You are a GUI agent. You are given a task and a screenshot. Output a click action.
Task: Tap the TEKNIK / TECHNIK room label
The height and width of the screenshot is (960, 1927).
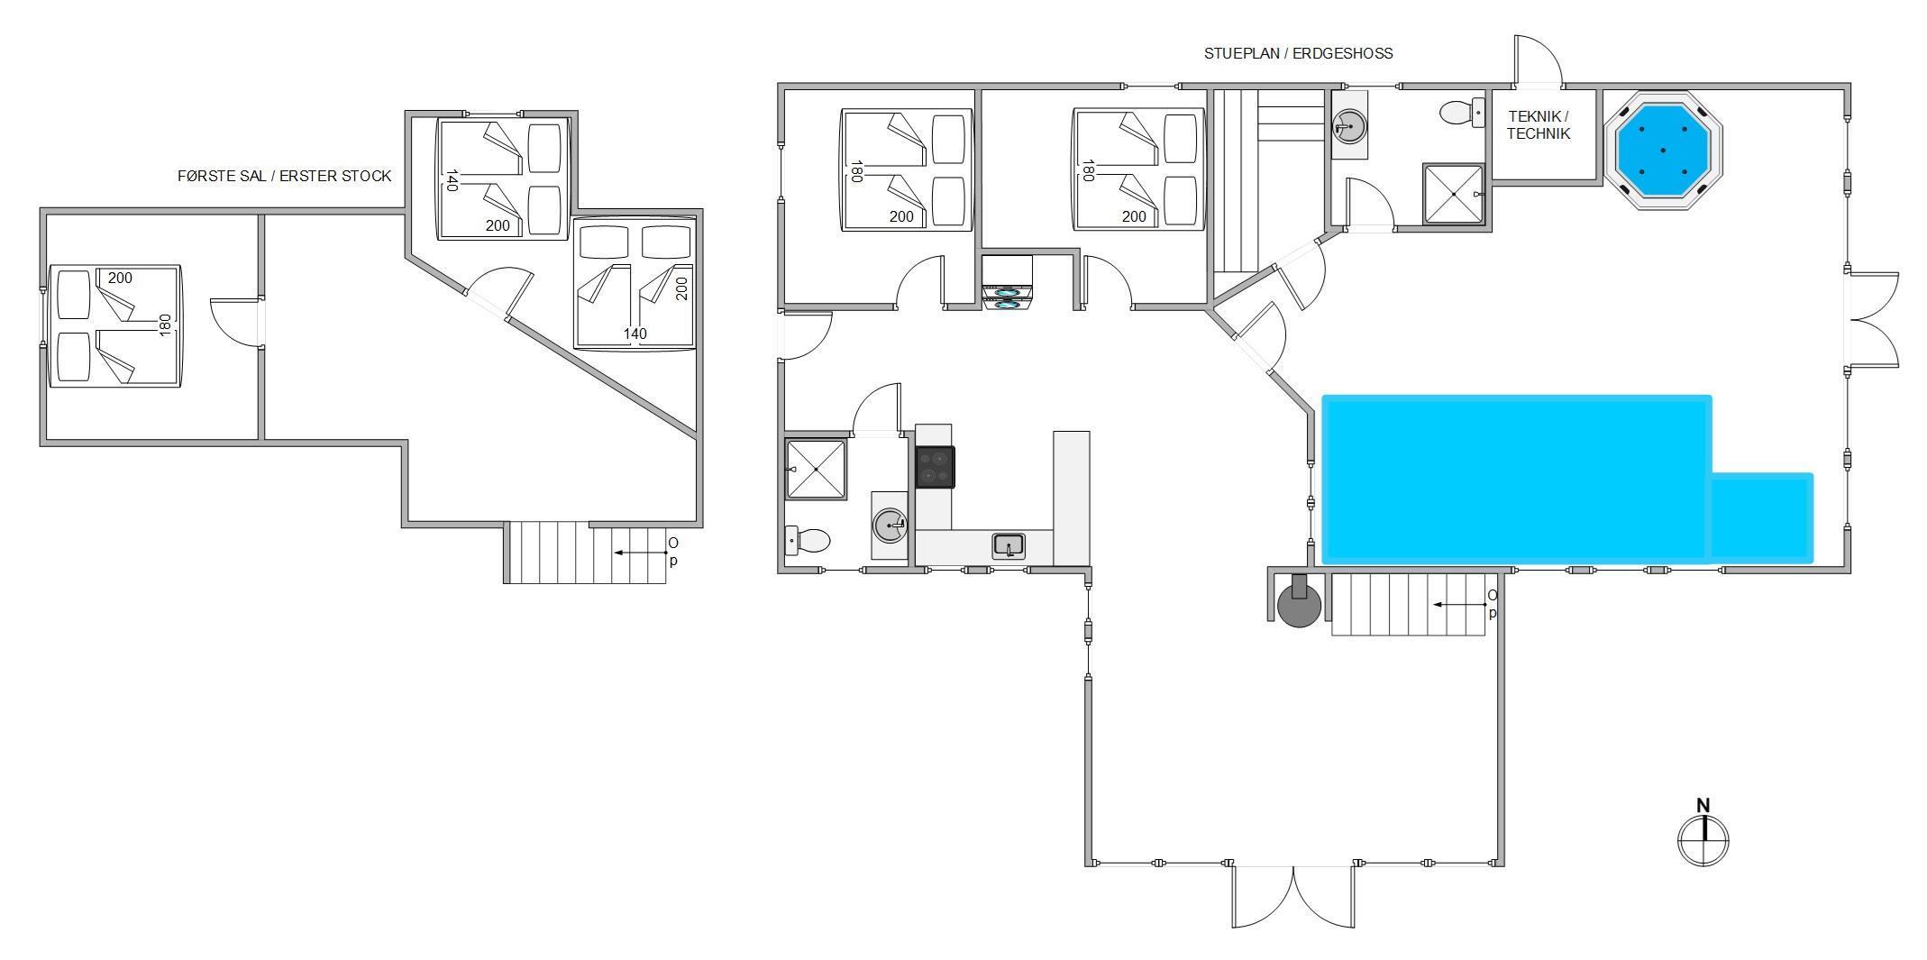(1539, 125)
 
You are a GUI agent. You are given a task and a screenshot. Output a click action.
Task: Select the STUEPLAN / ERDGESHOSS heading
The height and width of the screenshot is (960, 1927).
(1298, 53)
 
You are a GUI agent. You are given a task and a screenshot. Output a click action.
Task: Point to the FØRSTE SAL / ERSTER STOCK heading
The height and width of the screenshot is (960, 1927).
(285, 176)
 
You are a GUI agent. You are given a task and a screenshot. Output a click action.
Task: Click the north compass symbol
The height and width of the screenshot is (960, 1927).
(1703, 835)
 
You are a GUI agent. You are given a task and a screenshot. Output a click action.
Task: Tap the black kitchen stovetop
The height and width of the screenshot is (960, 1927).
(935, 467)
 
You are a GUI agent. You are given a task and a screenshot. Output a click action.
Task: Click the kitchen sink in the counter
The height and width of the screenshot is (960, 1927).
(1009, 546)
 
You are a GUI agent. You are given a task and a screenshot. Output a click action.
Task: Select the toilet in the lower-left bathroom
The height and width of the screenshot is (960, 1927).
(808, 540)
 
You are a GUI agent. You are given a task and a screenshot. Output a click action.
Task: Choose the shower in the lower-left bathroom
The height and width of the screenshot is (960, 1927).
(817, 470)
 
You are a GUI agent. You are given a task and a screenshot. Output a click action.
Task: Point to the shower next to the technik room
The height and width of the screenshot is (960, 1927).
(1453, 194)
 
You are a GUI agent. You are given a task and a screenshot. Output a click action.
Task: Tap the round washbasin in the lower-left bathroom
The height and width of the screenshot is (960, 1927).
(890, 525)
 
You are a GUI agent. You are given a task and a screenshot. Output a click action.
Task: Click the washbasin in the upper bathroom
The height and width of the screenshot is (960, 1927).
(1349, 126)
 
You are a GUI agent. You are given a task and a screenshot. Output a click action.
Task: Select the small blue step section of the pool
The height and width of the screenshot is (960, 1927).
(1761, 517)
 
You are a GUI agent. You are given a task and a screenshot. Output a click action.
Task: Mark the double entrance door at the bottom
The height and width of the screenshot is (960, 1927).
(1293, 896)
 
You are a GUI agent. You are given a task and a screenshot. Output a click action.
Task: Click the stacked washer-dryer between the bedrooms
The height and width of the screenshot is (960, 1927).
(1007, 283)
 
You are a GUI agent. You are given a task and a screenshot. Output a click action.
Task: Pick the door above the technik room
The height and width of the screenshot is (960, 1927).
(1537, 60)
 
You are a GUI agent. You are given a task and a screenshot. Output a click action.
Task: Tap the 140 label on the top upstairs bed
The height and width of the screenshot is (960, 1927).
(451, 180)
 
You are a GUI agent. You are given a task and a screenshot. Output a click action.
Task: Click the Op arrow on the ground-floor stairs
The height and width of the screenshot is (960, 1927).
(1460, 605)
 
